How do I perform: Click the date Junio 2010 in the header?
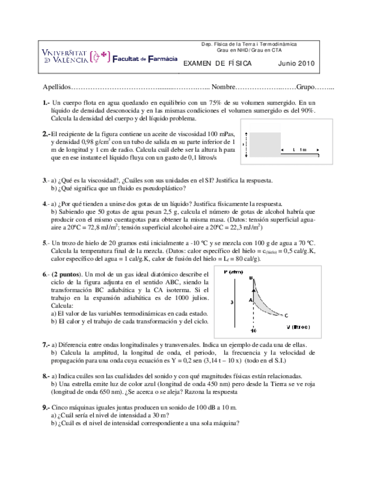click(x=297, y=64)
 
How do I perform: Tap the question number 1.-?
click(x=46, y=103)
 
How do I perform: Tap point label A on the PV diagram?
click(x=250, y=300)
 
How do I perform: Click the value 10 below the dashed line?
click(x=254, y=331)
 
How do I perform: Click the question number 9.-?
click(x=46, y=407)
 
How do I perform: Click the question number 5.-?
click(x=46, y=242)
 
